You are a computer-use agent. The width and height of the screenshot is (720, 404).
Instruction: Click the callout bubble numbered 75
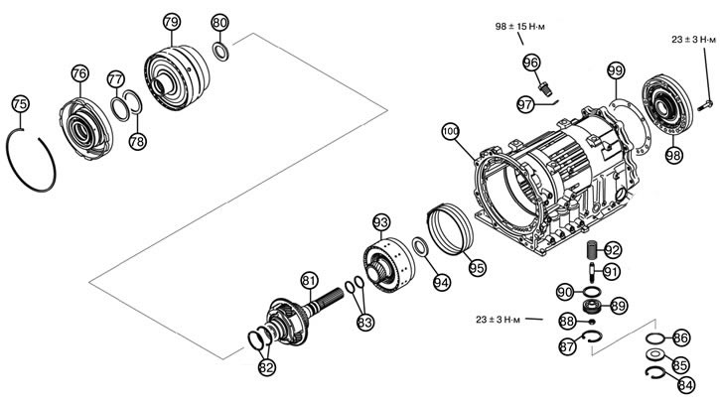click(20, 104)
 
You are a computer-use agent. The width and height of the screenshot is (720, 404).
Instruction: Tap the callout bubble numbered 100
click(451, 132)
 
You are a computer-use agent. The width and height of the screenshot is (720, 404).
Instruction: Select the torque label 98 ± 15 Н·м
click(519, 27)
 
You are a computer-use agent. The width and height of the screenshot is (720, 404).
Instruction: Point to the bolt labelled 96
click(544, 88)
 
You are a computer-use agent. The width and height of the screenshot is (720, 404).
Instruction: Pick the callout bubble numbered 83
click(365, 323)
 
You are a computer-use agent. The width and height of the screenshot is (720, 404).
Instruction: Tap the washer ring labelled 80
click(220, 52)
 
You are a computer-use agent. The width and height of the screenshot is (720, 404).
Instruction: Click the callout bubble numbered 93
click(381, 222)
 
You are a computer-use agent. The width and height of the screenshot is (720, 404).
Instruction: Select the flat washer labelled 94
click(420, 246)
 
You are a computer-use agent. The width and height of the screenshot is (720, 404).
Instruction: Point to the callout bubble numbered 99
click(616, 70)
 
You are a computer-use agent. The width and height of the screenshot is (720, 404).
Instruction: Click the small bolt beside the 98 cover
click(705, 105)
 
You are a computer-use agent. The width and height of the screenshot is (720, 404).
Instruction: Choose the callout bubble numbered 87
click(567, 345)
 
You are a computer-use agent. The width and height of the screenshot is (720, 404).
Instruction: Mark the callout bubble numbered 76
click(79, 73)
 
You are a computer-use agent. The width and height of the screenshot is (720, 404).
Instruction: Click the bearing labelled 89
click(592, 306)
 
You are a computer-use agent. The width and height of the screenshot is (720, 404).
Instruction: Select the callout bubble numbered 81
click(310, 281)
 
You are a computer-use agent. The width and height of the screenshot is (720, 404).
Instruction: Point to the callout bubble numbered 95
click(478, 268)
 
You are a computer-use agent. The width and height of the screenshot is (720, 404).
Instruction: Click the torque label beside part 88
click(499, 320)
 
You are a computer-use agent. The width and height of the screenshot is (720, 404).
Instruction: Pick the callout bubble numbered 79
click(172, 22)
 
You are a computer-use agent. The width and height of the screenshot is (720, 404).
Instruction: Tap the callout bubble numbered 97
click(525, 104)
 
